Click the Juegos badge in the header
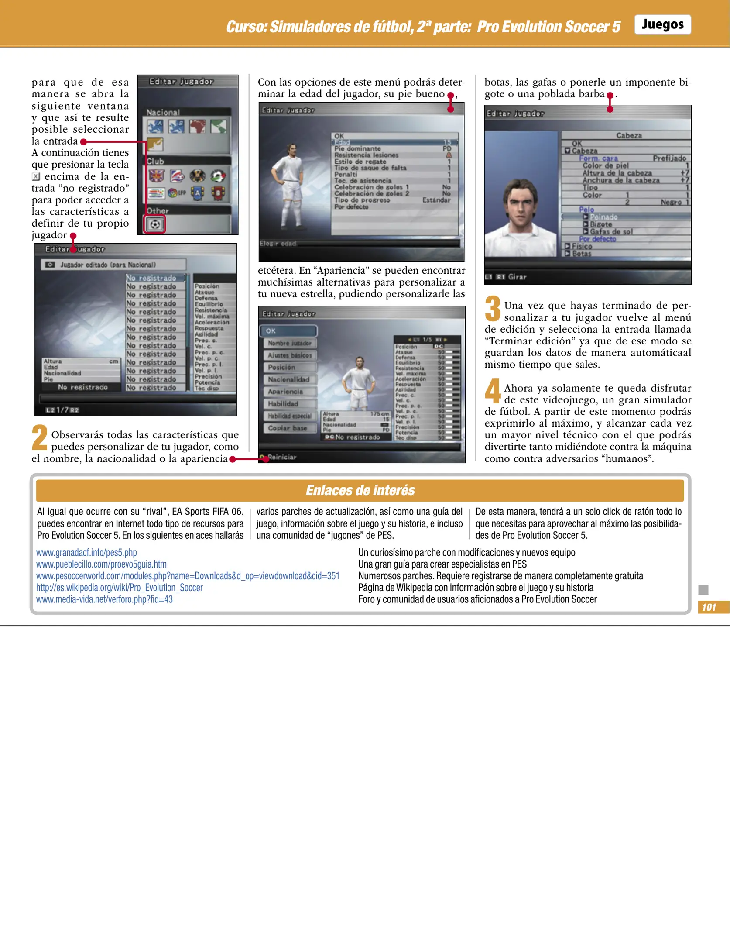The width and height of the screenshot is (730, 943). point(662,24)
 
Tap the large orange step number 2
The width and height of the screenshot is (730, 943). point(40,437)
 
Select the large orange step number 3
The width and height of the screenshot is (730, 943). point(493,308)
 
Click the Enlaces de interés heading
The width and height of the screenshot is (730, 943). point(360,490)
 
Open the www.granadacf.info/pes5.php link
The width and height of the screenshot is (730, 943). point(86,553)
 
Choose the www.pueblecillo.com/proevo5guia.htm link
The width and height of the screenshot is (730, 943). point(101,564)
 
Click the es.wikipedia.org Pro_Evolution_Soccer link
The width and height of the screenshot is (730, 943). point(119,588)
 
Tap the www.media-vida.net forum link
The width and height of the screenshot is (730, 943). point(104,599)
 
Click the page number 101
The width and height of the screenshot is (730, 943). point(709,607)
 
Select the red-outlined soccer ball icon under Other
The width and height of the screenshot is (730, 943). point(155,224)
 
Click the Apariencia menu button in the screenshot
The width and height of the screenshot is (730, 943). point(286,392)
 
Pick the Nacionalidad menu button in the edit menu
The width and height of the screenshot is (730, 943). point(288,379)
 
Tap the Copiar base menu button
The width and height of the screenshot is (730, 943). point(288,428)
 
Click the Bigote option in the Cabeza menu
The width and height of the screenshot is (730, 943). point(601,224)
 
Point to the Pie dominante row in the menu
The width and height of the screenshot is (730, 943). point(358,149)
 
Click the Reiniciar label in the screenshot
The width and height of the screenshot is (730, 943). point(282,457)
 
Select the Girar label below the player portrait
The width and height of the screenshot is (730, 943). point(517,277)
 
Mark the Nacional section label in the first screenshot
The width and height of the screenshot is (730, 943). point(163,112)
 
